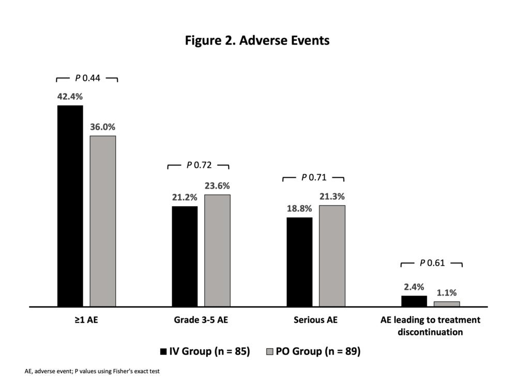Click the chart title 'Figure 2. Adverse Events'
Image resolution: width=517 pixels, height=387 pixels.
257,40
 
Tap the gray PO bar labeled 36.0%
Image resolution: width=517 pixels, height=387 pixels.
103,221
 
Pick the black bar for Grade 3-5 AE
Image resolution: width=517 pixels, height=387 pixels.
185,256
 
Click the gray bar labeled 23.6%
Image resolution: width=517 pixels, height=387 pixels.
217,251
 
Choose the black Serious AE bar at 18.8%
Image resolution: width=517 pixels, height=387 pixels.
299,262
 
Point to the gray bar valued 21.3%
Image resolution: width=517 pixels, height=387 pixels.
332,256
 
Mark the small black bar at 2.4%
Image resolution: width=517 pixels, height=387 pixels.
414,301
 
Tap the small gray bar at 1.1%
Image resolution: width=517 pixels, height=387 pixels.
447,304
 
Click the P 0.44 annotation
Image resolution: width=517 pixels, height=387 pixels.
87,78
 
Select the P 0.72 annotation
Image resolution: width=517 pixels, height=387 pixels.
199,165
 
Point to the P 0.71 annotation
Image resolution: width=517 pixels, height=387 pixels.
313,177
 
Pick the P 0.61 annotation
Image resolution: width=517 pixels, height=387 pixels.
432,263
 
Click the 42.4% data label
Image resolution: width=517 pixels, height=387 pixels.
70,96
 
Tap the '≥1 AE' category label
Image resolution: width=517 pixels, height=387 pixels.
86,320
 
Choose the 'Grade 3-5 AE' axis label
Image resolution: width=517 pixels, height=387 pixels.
201,320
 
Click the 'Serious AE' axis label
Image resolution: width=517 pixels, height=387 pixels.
315,320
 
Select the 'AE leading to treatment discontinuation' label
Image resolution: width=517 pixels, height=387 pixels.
430,326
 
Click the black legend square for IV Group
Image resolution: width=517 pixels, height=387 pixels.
163,352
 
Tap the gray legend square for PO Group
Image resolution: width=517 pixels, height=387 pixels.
269,352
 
